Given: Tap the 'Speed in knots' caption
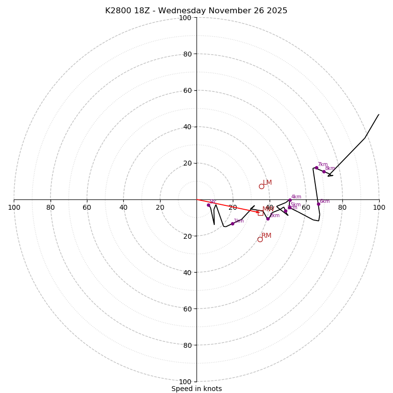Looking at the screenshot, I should (196, 389).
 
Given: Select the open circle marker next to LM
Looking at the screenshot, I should (261, 186).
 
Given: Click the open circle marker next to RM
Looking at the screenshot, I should (260, 239).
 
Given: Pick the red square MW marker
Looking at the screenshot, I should (260, 213).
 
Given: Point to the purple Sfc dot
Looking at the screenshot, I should (208, 205).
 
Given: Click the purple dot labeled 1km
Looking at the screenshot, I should (232, 224).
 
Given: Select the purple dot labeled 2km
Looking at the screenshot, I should (268, 218).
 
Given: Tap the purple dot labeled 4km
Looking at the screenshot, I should (290, 200).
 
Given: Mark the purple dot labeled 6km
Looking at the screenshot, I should (318, 204).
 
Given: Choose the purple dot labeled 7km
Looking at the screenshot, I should (316, 168).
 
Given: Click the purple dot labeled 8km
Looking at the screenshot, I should (324, 171).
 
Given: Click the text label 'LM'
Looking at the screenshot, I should (267, 183).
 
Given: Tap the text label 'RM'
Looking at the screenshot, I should (266, 236).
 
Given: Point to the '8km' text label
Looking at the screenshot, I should (330, 168).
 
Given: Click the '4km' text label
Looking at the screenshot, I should (296, 197).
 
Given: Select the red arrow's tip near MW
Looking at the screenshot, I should (259, 212).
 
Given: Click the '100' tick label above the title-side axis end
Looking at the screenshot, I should (185, 18).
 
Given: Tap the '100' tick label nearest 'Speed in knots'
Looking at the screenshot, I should (185, 382).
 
